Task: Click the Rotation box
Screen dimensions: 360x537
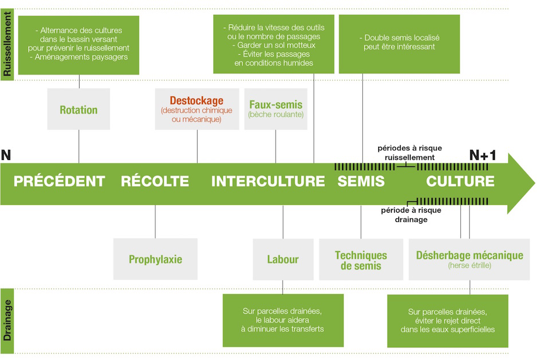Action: pyautogui.click(x=79, y=109)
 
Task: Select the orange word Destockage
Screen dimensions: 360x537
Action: pyautogui.click(x=197, y=101)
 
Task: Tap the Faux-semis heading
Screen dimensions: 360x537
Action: pyautogui.click(x=276, y=104)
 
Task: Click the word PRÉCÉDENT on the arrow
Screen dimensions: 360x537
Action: pyautogui.click(x=59, y=181)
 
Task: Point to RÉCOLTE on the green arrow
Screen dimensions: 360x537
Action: pyautogui.click(x=155, y=181)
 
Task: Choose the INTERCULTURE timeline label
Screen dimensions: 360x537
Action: pyautogui.click(x=268, y=181)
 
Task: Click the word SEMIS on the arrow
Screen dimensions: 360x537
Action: pyautogui.click(x=361, y=181)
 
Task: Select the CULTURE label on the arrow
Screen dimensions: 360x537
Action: pyautogui.click(x=460, y=181)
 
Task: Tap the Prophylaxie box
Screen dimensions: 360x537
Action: pyautogui.click(x=155, y=259)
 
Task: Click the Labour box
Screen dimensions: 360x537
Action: pyautogui.click(x=283, y=259)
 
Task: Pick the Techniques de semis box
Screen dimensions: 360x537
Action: pyautogui.click(x=361, y=260)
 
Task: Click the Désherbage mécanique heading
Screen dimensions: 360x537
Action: pyautogui.click(x=469, y=255)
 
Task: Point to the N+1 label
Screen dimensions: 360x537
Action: pyautogui.click(x=483, y=155)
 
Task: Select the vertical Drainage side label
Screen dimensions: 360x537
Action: pyautogui.click(x=7, y=320)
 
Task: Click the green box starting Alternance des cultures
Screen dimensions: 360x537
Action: pyautogui.click(x=79, y=44)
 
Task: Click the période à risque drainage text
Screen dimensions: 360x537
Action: pyautogui.click(x=411, y=214)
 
